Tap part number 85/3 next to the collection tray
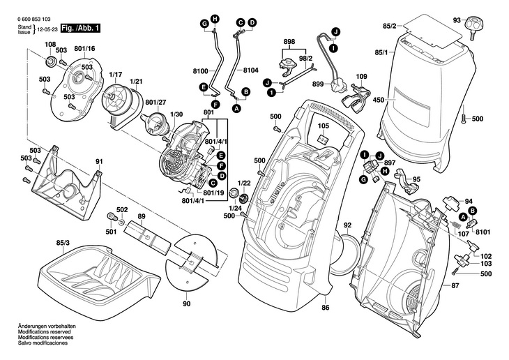(62, 242)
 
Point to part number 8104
(252, 72)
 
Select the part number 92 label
(347, 225)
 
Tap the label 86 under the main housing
(325, 308)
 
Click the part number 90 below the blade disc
(186, 304)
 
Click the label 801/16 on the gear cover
(84, 48)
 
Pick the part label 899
(318, 84)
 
